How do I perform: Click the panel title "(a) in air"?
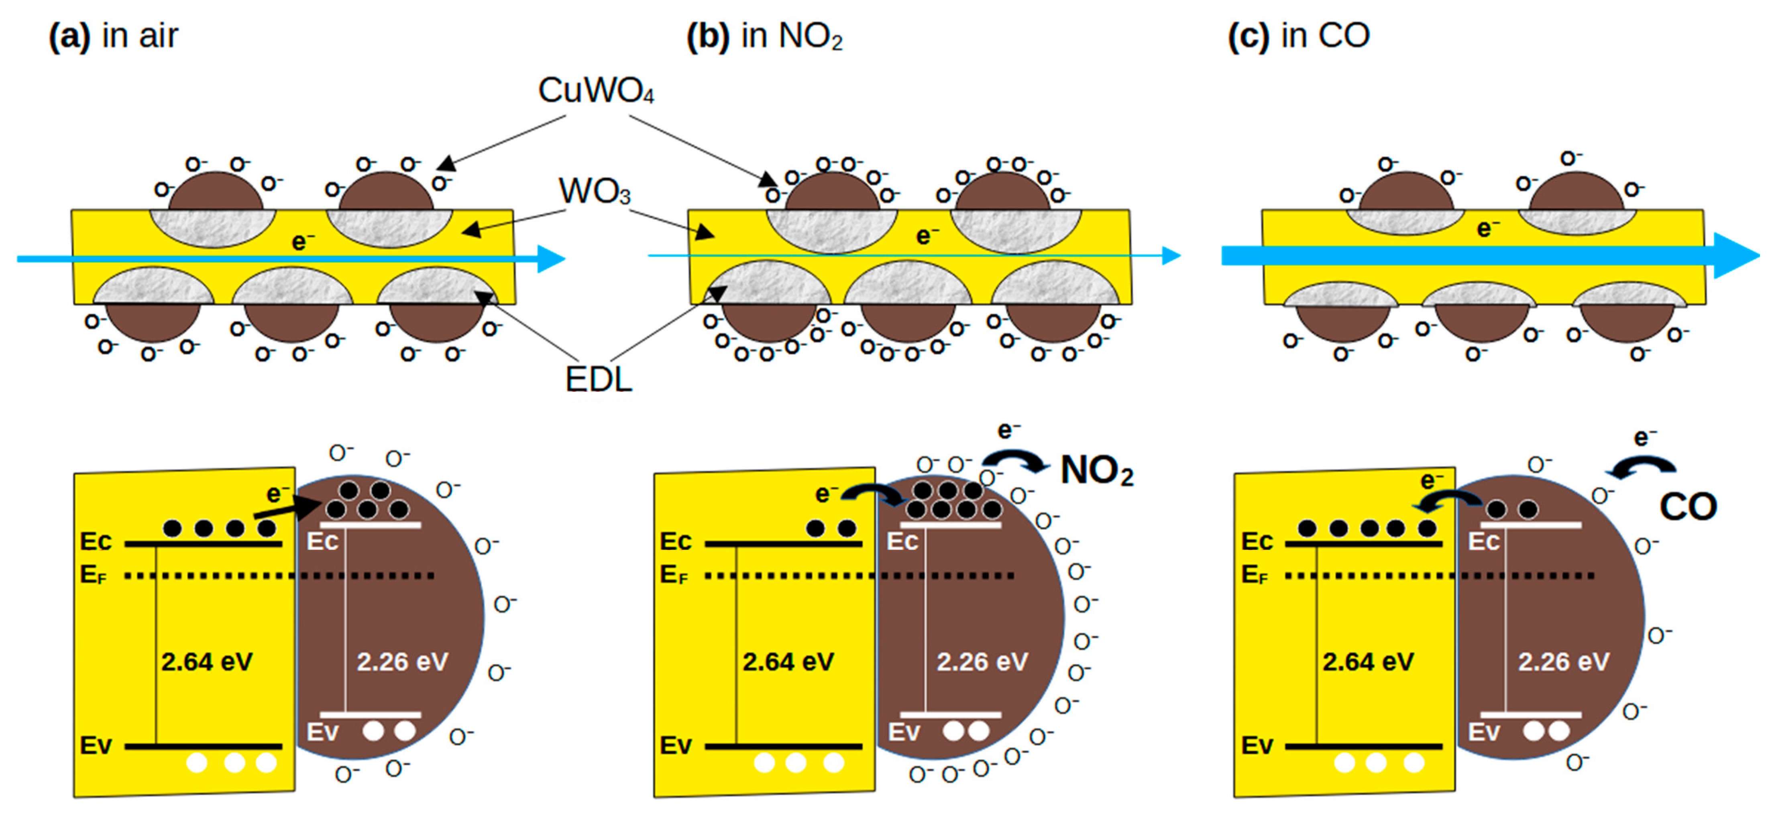point(114,36)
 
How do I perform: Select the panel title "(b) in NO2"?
point(764,36)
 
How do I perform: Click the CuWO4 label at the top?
point(596,91)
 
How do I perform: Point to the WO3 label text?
point(594,192)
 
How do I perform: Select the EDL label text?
point(598,379)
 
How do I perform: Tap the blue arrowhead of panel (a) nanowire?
point(551,259)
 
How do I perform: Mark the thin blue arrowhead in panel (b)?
point(1171,256)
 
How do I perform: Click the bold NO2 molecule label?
point(1096,471)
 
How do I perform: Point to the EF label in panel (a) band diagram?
point(94,575)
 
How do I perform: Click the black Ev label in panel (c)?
point(1257,746)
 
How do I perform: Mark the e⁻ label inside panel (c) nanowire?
point(1487,229)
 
